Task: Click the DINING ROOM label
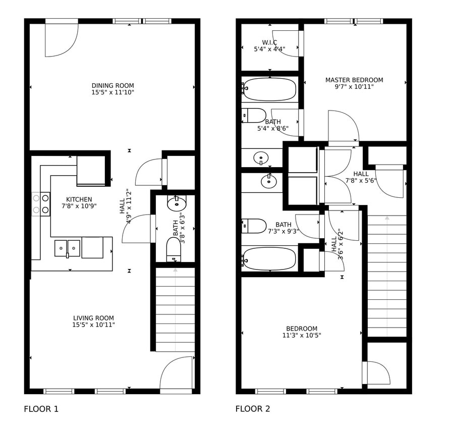(113, 85)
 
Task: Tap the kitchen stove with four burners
(41, 204)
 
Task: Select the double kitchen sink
(67, 248)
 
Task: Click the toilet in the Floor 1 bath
(174, 250)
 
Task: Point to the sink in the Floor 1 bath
(177, 203)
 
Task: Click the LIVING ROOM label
(93, 318)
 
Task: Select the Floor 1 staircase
(175, 309)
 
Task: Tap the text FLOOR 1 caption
(41, 409)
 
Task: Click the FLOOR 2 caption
(252, 409)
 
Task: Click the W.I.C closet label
(269, 42)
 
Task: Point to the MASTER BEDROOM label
(354, 80)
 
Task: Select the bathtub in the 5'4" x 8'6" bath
(269, 89)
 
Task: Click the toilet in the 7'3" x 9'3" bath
(254, 226)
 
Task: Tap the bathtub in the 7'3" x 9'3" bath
(269, 258)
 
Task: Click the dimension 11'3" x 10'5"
(302, 335)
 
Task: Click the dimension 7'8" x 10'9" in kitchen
(79, 206)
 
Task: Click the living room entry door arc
(176, 372)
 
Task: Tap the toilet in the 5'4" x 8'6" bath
(254, 115)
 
